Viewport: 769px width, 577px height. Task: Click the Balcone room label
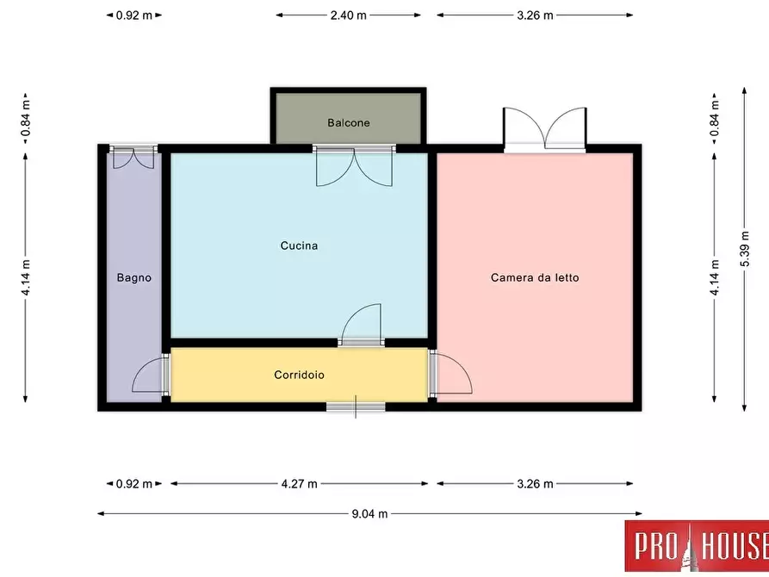[348, 122]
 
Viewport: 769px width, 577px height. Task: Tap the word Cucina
[299, 245]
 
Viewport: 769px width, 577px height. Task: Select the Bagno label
[133, 277]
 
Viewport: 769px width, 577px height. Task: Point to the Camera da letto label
[535, 277]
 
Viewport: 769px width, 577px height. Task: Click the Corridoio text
[299, 375]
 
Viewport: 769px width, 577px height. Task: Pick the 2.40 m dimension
[348, 16]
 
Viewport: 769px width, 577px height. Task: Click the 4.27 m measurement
[299, 484]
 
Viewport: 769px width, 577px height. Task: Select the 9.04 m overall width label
[369, 514]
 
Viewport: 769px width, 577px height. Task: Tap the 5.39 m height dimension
[745, 249]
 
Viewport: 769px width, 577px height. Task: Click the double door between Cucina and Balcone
[354, 166]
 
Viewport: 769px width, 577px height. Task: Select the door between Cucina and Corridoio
[361, 325]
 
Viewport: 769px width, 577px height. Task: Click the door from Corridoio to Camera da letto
[450, 374]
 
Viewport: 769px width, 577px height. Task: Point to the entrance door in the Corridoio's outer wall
[356, 406]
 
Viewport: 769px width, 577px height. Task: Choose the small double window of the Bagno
[133, 157]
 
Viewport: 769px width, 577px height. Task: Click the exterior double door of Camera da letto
[545, 129]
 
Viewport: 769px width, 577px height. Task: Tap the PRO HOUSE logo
[697, 546]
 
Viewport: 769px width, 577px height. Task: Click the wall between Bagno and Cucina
[166, 245]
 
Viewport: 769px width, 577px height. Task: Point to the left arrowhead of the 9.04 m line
[101, 514]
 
